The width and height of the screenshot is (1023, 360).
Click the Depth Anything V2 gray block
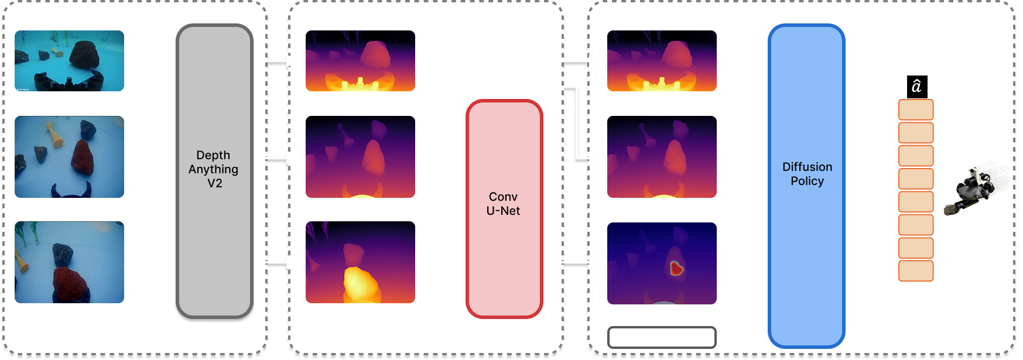tap(214, 171)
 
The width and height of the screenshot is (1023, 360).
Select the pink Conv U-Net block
tap(504, 208)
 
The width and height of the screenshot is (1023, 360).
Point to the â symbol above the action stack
tap(916, 87)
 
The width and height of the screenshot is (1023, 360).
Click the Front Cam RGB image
tap(69, 61)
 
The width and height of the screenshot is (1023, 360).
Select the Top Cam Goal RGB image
tap(69, 262)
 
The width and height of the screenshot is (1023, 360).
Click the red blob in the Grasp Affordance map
tap(676, 269)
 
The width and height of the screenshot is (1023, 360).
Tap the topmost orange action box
tap(916, 109)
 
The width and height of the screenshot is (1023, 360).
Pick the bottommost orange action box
tap(916, 271)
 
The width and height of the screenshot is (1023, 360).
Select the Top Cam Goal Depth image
tap(360, 262)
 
